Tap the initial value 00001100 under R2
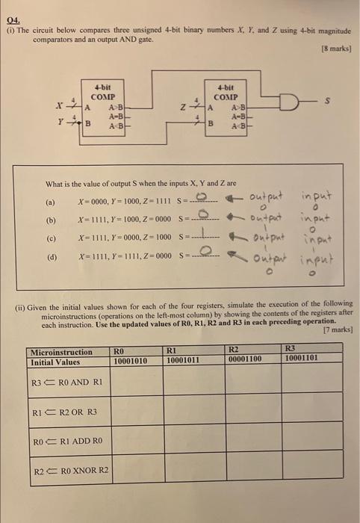(x=245, y=359)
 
